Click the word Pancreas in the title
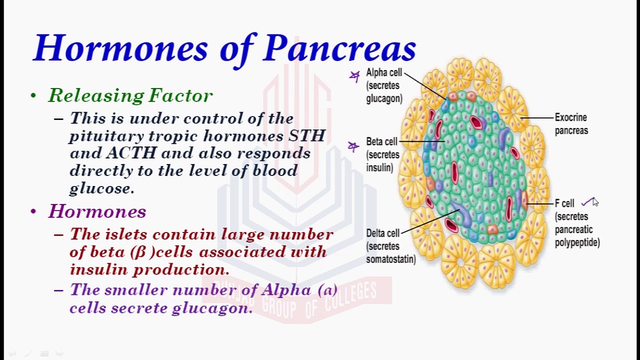point(339,47)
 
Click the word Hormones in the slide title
point(120,47)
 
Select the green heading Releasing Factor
point(131,95)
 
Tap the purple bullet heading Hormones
point(97,211)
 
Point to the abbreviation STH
point(307,135)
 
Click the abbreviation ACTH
point(131,153)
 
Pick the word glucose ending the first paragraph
point(101,188)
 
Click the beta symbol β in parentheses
point(141,252)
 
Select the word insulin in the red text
point(99,269)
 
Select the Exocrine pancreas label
point(571,124)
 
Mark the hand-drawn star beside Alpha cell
point(354,76)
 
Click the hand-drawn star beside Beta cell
point(353,146)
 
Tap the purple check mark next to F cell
point(587,201)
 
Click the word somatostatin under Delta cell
point(391,259)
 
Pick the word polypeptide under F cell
point(577,243)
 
